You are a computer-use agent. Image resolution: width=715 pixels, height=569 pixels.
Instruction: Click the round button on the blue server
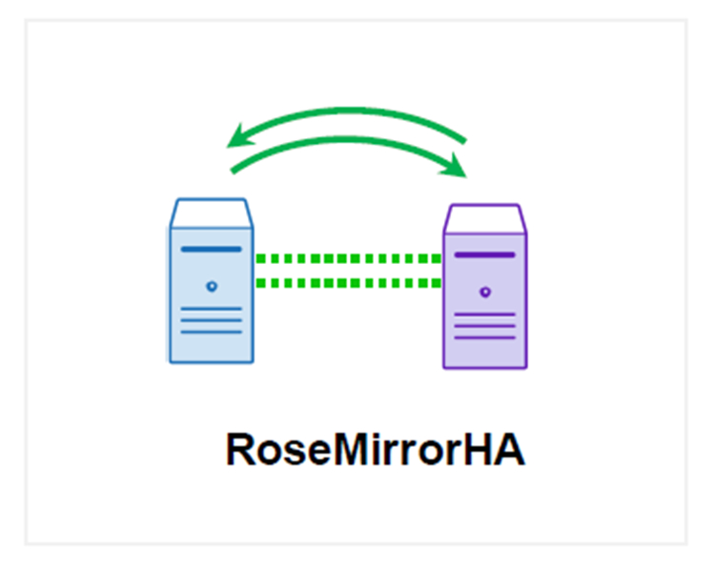click(212, 285)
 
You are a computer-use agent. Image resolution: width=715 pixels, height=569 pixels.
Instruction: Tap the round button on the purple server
click(485, 291)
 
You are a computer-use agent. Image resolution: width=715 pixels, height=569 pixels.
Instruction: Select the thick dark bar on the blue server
click(212, 251)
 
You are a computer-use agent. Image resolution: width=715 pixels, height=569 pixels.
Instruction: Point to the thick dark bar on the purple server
click(485, 255)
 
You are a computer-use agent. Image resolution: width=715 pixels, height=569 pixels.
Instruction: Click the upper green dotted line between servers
click(348, 258)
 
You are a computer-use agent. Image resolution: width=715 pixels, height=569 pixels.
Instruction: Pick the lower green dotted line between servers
click(348, 282)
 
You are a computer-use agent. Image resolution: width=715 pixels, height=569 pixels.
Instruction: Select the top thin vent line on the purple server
click(485, 315)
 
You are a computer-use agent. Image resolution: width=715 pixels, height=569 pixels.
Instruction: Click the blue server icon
click(212, 281)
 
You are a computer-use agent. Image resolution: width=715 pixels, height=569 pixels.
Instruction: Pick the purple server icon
click(485, 286)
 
